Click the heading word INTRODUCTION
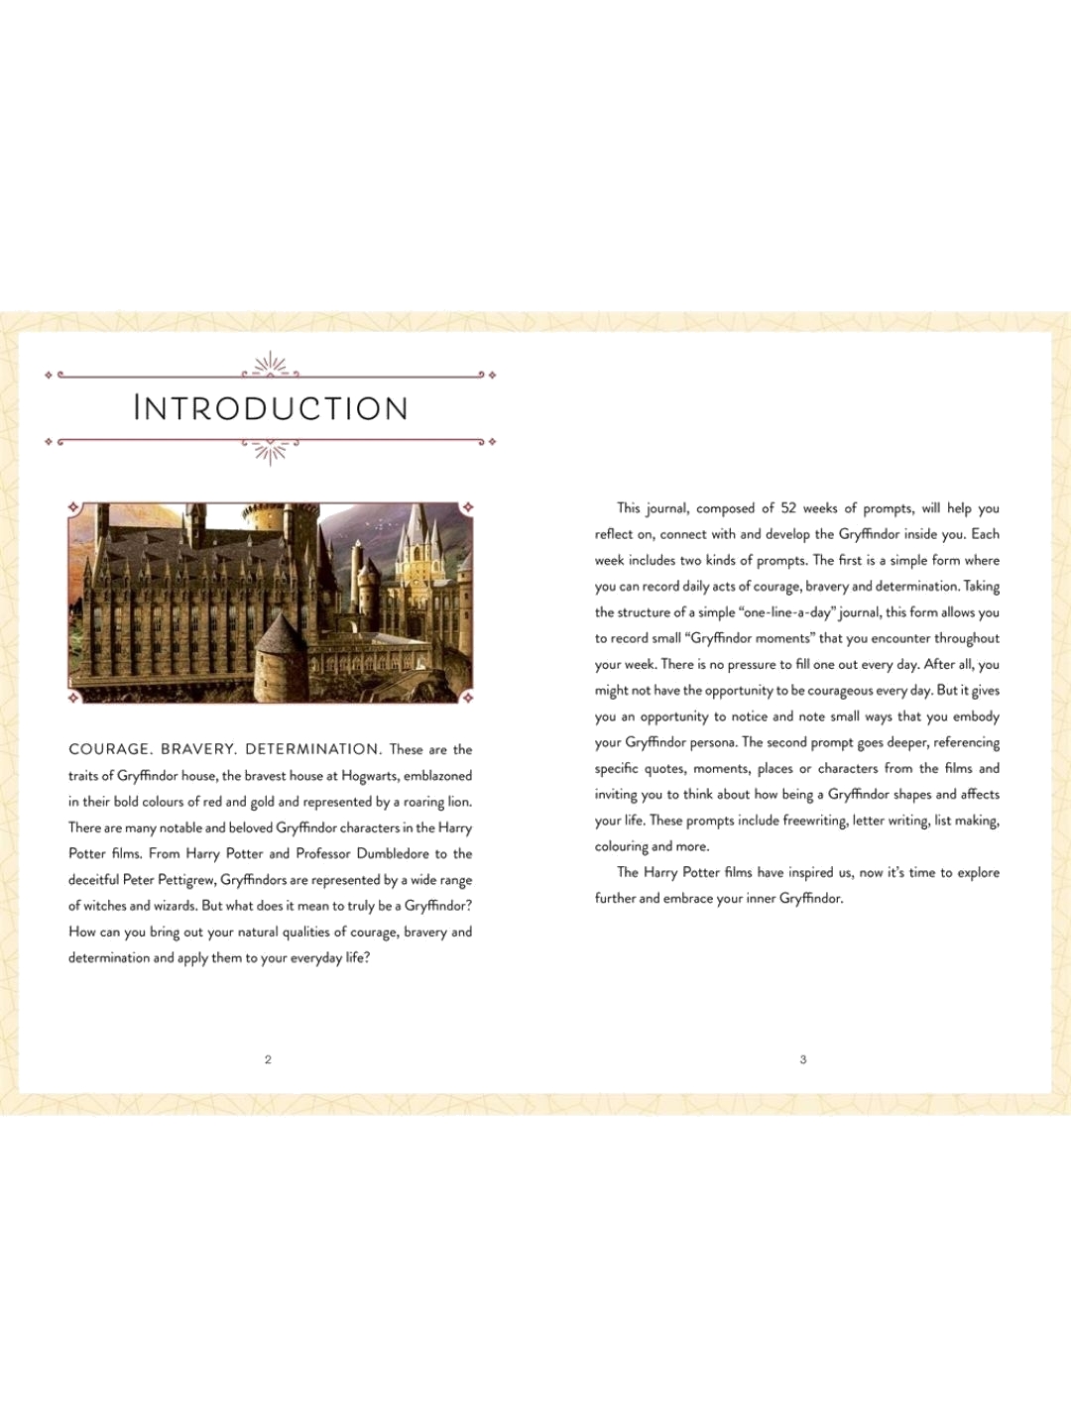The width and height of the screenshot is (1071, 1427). pyautogui.click(x=271, y=408)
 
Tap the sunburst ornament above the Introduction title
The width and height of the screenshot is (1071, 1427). pyautogui.click(x=270, y=366)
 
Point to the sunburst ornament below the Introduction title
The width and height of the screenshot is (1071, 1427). pyautogui.click(x=270, y=452)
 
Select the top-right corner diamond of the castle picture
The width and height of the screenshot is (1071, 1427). pyautogui.click(x=467, y=507)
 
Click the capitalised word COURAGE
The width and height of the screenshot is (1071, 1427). pyautogui.click(x=109, y=749)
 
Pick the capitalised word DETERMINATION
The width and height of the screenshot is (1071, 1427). pyautogui.click(x=312, y=749)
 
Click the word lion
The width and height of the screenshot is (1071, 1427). pyautogui.click(x=458, y=802)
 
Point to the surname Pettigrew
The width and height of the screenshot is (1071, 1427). pyautogui.click(x=185, y=880)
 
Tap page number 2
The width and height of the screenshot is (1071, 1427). pyautogui.click(x=268, y=1059)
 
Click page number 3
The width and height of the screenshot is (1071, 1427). pyautogui.click(x=803, y=1059)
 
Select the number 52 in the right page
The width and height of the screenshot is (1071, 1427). pyautogui.click(x=788, y=508)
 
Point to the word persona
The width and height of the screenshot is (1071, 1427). pyautogui.click(x=714, y=742)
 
